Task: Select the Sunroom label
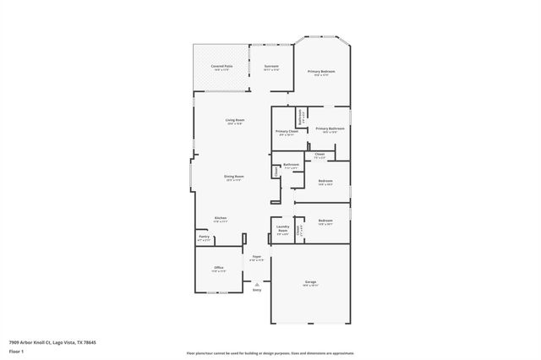tap(271, 66)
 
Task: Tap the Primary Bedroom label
tap(321, 72)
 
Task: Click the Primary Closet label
tap(287, 132)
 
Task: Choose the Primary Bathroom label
tap(331, 128)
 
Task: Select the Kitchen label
tap(221, 217)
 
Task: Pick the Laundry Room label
tap(283, 227)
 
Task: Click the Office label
tap(219, 268)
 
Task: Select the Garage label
tap(310, 283)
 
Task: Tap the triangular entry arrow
tap(256, 283)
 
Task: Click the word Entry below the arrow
tap(256, 290)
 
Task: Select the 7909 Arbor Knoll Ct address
tap(52, 342)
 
